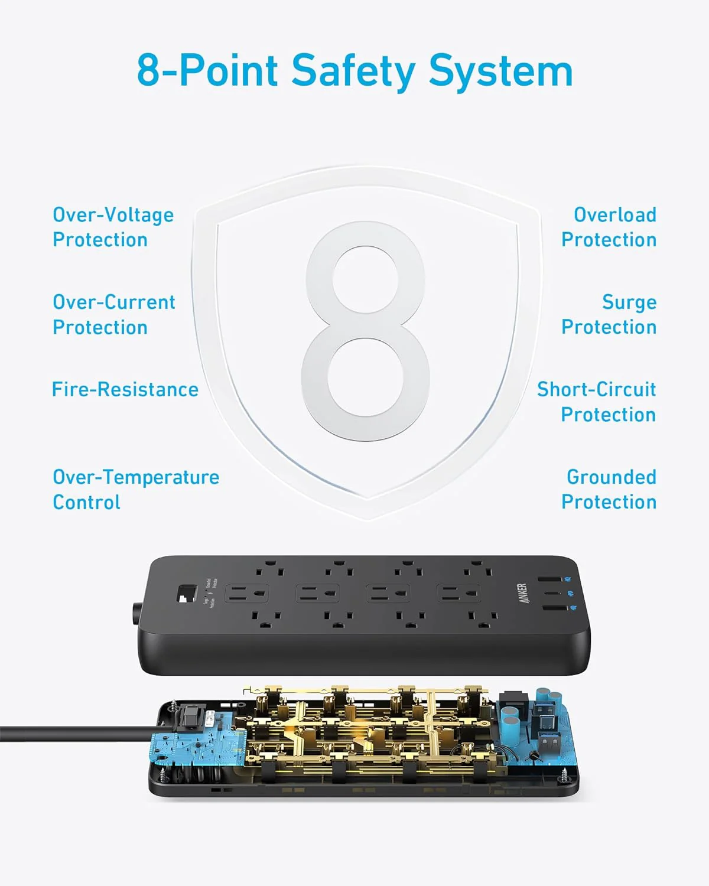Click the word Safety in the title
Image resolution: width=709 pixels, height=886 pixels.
[x=353, y=71]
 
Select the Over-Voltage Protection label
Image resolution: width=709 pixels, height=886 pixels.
[x=113, y=227]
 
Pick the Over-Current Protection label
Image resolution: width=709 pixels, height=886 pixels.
[x=113, y=314]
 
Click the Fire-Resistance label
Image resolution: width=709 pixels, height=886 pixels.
[x=125, y=389]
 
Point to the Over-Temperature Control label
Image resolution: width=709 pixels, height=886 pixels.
[x=135, y=489]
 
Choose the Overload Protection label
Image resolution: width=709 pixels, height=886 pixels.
[x=609, y=227]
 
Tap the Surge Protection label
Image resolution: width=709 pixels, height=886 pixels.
[x=609, y=314]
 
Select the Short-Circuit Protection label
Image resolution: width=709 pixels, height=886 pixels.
[x=596, y=402]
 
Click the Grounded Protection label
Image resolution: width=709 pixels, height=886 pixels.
[x=609, y=489]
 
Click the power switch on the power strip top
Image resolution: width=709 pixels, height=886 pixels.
[x=187, y=594]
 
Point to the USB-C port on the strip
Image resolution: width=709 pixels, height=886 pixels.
[x=552, y=594]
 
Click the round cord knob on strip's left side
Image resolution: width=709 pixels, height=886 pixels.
[x=136, y=613]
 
